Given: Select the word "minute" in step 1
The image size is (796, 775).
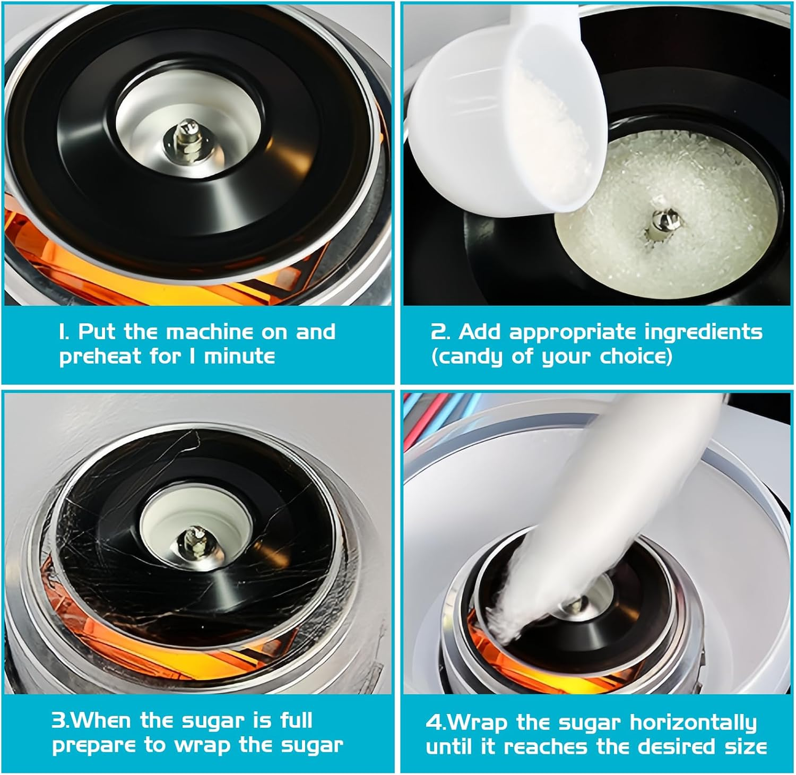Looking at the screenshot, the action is (239, 356).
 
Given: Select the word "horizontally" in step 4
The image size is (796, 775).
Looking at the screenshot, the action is (693, 724).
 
